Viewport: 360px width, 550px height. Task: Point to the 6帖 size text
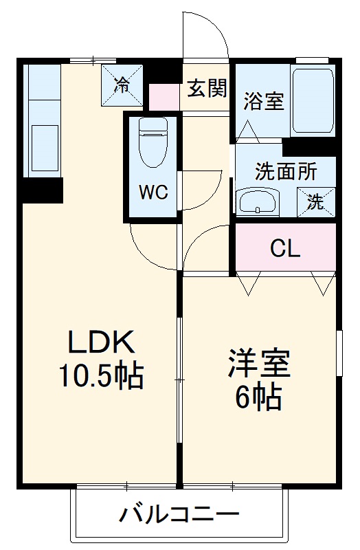click(x=259, y=397)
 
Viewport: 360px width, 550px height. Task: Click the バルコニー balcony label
click(x=180, y=513)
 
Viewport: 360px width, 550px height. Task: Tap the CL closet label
click(x=284, y=249)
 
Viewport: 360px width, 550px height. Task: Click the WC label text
click(x=154, y=192)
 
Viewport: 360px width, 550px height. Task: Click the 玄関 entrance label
click(x=207, y=88)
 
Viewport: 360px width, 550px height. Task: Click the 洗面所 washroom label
click(x=286, y=171)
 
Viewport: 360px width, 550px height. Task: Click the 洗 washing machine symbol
click(x=315, y=202)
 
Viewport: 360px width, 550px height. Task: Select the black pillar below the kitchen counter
click(x=41, y=189)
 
